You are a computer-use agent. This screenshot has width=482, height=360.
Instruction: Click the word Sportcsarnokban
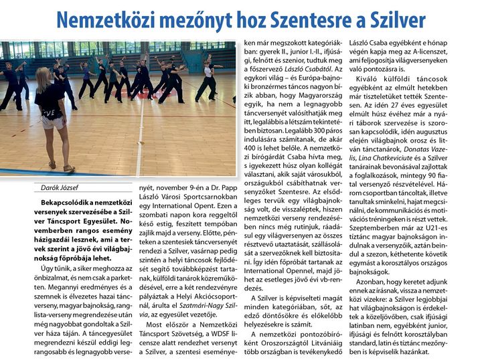[206, 198]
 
